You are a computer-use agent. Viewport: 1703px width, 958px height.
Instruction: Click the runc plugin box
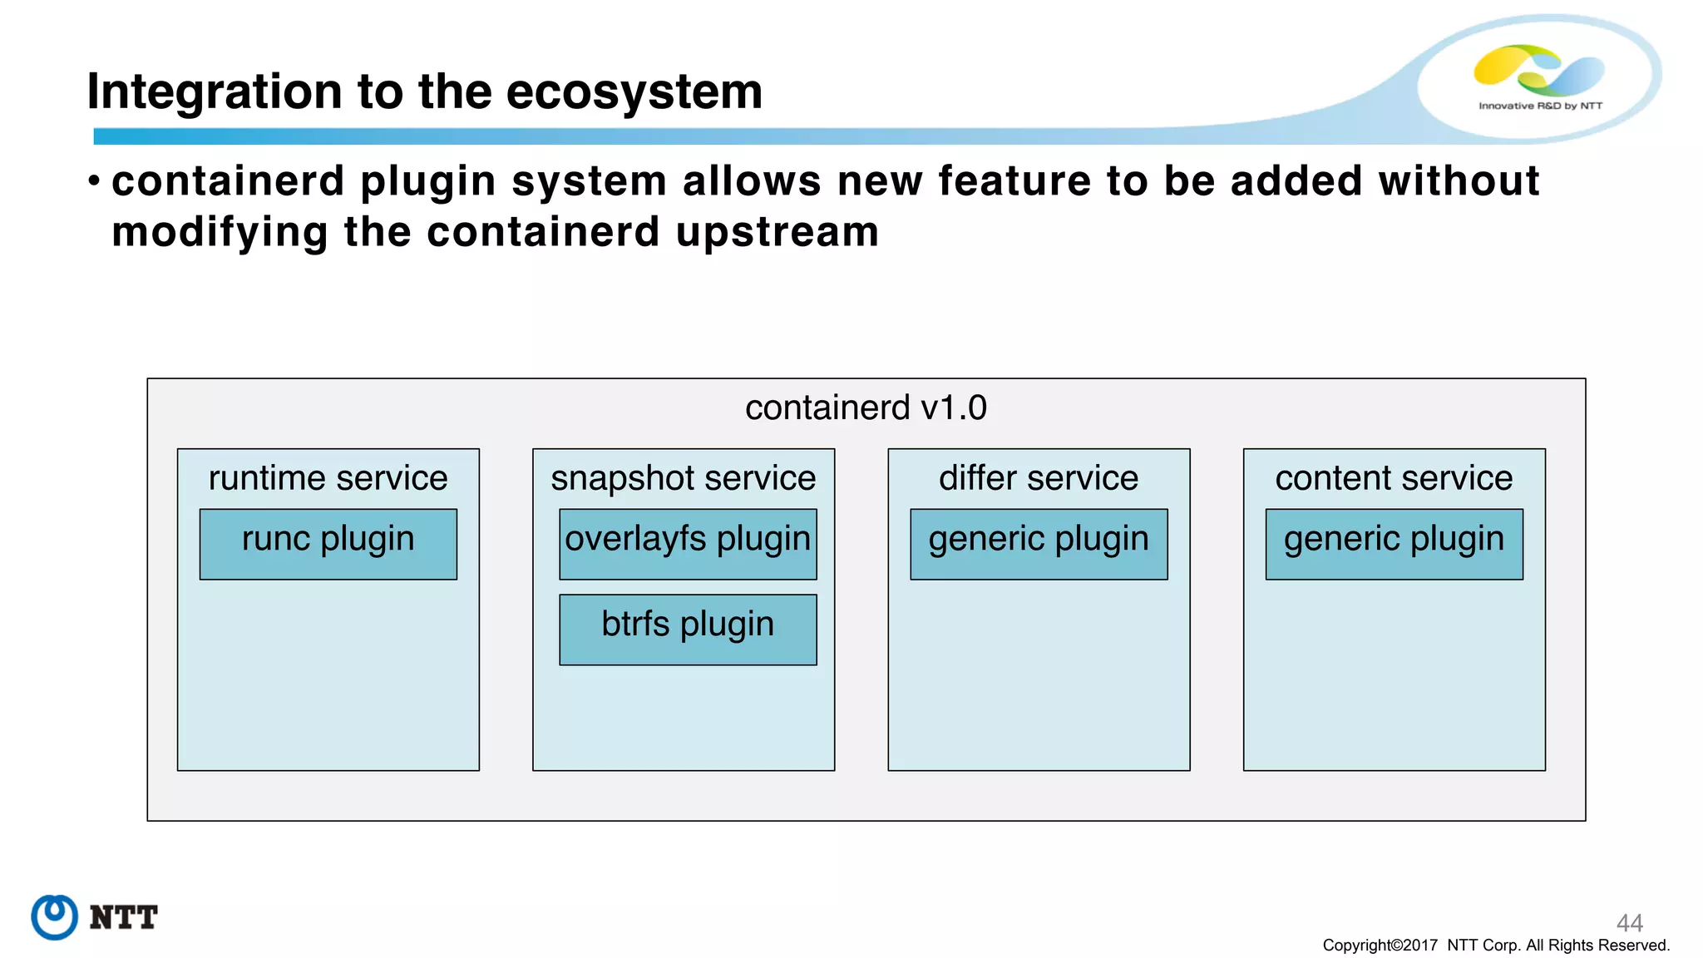(x=328, y=544)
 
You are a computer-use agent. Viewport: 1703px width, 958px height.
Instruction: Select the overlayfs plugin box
(x=688, y=544)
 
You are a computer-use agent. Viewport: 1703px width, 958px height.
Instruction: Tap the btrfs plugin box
(x=688, y=630)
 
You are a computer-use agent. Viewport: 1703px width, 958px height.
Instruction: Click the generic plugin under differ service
(x=1039, y=544)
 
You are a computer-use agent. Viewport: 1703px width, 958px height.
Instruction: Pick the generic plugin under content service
(x=1394, y=544)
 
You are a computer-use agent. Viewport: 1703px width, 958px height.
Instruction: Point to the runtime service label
(x=328, y=478)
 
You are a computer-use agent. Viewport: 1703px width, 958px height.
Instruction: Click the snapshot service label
(x=683, y=478)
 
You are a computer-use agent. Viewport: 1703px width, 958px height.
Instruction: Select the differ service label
(x=1039, y=478)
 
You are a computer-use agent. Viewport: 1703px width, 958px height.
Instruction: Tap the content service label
(x=1394, y=478)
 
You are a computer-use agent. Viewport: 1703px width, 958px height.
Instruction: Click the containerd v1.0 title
(x=866, y=407)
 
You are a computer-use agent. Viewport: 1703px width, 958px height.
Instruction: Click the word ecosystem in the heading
(x=634, y=91)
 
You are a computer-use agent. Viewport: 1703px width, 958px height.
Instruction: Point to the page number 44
(x=1629, y=922)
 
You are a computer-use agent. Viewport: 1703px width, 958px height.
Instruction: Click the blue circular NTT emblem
(x=55, y=917)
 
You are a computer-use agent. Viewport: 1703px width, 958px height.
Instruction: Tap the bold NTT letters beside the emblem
(x=123, y=917)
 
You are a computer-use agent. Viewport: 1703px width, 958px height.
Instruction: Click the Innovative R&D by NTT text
(x=1540, y=106)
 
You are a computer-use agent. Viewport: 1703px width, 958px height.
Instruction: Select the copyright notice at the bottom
(x=1496, y=946)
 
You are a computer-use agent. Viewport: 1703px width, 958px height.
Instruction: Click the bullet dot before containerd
(x=95, y=180)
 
